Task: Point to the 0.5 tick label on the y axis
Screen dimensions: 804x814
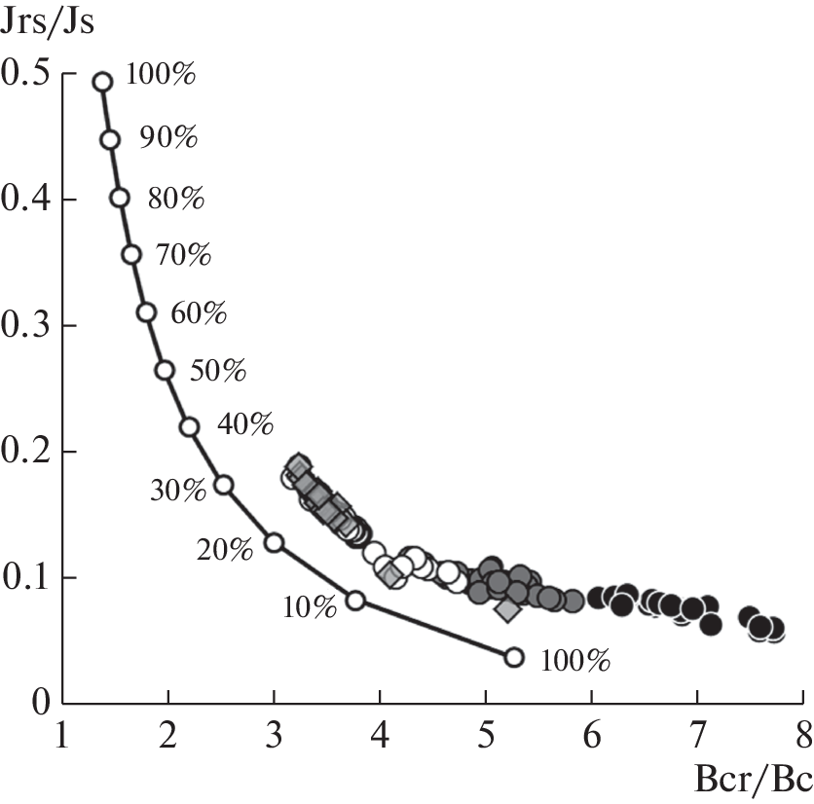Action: pos(28,73)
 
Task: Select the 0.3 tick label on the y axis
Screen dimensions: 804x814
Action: pos(28,325)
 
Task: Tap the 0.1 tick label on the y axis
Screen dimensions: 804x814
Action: pos(28,577)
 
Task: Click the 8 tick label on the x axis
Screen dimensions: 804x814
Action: pos(802,731)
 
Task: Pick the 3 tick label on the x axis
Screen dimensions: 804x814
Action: pos(274,731)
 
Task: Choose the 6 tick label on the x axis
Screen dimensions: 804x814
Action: pos(591,731)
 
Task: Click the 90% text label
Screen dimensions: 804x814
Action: pos(167,137)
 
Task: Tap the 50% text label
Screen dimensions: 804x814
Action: pos(218,372)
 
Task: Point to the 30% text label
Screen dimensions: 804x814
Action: pos(178,491)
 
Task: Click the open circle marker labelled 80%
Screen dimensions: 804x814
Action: pos(120,198)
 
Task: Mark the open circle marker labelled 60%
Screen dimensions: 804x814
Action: pos(147,312)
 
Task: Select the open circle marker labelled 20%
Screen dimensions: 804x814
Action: pos(274,542)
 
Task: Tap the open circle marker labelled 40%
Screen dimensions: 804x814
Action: pos(190,426)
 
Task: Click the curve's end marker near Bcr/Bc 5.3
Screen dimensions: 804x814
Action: pos(514,657)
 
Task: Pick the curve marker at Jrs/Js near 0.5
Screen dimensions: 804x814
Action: pos(102,82)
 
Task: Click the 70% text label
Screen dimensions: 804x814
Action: pos(183,256)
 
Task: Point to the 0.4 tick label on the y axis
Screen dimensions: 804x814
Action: pos(28,200)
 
